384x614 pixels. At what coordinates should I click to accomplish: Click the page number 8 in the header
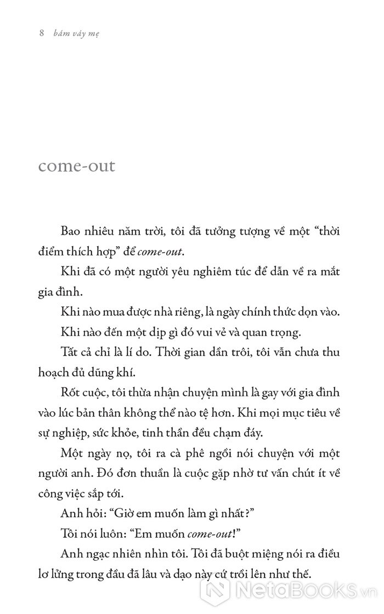tap(41, 33)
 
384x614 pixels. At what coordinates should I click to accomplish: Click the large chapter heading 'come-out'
tap(77, 165)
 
